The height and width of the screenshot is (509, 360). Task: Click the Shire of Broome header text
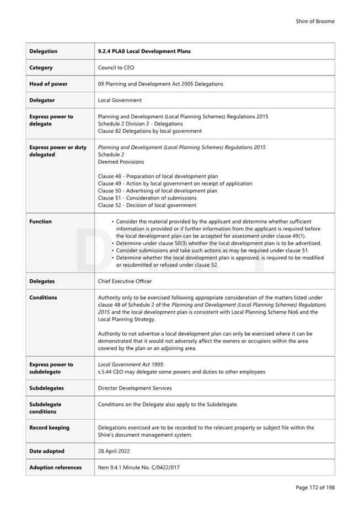[315, 21]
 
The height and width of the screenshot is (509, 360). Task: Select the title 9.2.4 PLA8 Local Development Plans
[144, 52]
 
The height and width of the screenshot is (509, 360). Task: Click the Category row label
[41, 68]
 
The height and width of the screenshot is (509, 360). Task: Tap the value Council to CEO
[116, 68]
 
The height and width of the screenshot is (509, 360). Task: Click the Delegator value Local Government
[120, 100]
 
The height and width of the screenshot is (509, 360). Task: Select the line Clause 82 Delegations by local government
[149, 131]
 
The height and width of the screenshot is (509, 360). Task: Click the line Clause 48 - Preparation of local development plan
[158, 176]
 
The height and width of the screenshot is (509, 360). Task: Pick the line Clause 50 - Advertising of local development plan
[157, 191]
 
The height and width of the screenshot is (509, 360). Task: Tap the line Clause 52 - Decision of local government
[147, 205]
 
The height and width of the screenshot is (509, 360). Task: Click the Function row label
[40, 221]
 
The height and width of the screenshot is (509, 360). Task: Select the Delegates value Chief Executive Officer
[125, 281]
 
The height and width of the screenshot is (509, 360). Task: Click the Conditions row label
[43, 297]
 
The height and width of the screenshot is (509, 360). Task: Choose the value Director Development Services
[135, 388]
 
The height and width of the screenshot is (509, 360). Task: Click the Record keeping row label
[50, 427]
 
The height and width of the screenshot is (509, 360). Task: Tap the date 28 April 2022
[114, 451]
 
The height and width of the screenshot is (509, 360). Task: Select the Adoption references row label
[55, 468]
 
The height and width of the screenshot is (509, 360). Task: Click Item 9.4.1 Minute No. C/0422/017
[138, 468]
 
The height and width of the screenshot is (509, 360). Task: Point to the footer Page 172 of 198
[315, 488]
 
